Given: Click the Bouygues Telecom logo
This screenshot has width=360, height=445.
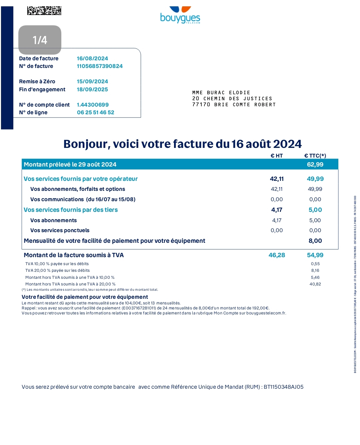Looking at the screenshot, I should pyautogui.click(x=180, y=15).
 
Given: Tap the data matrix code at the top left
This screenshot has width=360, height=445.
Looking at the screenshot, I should pyautogui.click(x=44, y=11).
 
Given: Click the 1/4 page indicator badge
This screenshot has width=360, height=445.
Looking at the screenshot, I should pyautogui.click(x=40, y=40).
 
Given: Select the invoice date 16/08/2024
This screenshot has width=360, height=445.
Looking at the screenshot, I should pyautogui.click(x=92, y=58).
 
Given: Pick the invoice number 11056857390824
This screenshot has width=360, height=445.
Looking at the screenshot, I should pyautogui.click(x=100, y=66).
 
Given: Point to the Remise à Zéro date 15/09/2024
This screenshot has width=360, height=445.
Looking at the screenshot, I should pyautogui.click(x=92, y=81).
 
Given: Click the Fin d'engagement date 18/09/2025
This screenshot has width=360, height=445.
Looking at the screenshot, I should pyautogui.click(x=92, y=89).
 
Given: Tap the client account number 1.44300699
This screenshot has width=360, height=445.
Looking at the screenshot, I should pyautogui.click(x=93, y=105).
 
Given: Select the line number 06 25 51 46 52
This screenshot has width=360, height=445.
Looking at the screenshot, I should pyautogui.click(x=95, y=112).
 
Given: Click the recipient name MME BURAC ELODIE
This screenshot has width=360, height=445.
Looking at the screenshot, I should pyautogui.click(x=221, y=93).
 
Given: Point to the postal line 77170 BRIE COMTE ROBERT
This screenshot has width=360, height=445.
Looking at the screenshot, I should pyautogui.click(x=234, y=105).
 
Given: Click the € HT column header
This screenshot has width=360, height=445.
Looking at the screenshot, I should pyautogui.click(x=277, y=156).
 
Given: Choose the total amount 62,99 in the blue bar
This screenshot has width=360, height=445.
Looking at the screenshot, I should pyautogui.click(x=315, y=164).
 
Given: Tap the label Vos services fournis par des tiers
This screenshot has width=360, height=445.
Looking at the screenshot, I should pyautogui.click(x=71, y=210).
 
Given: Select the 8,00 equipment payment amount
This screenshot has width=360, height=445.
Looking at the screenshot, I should pyautogui.click(x=315, y=241).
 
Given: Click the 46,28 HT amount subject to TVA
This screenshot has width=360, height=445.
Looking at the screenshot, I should pyautogui.click(x=277, y=255).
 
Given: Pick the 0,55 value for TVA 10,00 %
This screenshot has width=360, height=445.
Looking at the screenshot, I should pyautogui.click(x=315, y=264).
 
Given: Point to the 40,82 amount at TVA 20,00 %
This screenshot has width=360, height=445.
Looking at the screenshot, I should pyautogui.click(x=315, y=284).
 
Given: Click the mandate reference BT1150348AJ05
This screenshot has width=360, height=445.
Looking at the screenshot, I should pyautogui.click(x=283, y=387).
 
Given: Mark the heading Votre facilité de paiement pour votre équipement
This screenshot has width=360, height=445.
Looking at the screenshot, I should pyautogui.click(x=85, y=297).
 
